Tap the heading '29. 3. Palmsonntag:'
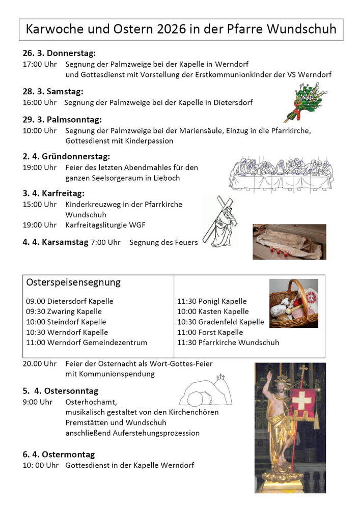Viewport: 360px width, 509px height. coord(62,120)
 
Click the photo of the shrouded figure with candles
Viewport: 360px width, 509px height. coord(289,242)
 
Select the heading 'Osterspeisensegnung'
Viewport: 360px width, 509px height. coord(73,282)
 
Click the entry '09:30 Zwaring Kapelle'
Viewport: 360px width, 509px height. coord(64,312)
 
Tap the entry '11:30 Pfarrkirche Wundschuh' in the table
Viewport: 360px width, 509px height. coord(228,343)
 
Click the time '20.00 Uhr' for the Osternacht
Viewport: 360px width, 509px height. coord(40,364)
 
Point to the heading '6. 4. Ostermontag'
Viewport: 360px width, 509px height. coord(59,455)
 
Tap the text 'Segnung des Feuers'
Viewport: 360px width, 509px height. coord(163,243)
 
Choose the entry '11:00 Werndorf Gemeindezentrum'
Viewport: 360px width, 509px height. coord(87,343)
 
